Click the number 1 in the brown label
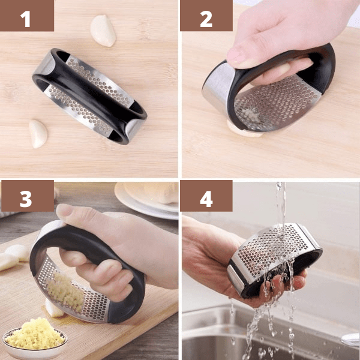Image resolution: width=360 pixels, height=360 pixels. (x=26, y=19)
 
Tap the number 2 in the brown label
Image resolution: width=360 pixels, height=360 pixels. (x=206, y=19)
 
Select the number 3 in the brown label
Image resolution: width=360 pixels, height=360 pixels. (x=26, y=199)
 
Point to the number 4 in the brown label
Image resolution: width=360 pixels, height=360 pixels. (x=206, y=199)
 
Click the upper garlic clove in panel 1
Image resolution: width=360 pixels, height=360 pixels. (x=103, y=31)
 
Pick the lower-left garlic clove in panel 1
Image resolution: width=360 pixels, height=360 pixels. (x=38, y=134)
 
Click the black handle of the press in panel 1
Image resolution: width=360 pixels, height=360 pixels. (x=89, y=97)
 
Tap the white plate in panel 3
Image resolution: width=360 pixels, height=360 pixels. (x=147, y=200)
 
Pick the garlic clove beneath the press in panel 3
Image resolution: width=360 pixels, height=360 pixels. (x=53, y=309)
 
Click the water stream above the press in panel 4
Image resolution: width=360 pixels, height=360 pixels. (x=281, y=205)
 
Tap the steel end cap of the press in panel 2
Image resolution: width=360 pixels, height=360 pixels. (x=217, y=86)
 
